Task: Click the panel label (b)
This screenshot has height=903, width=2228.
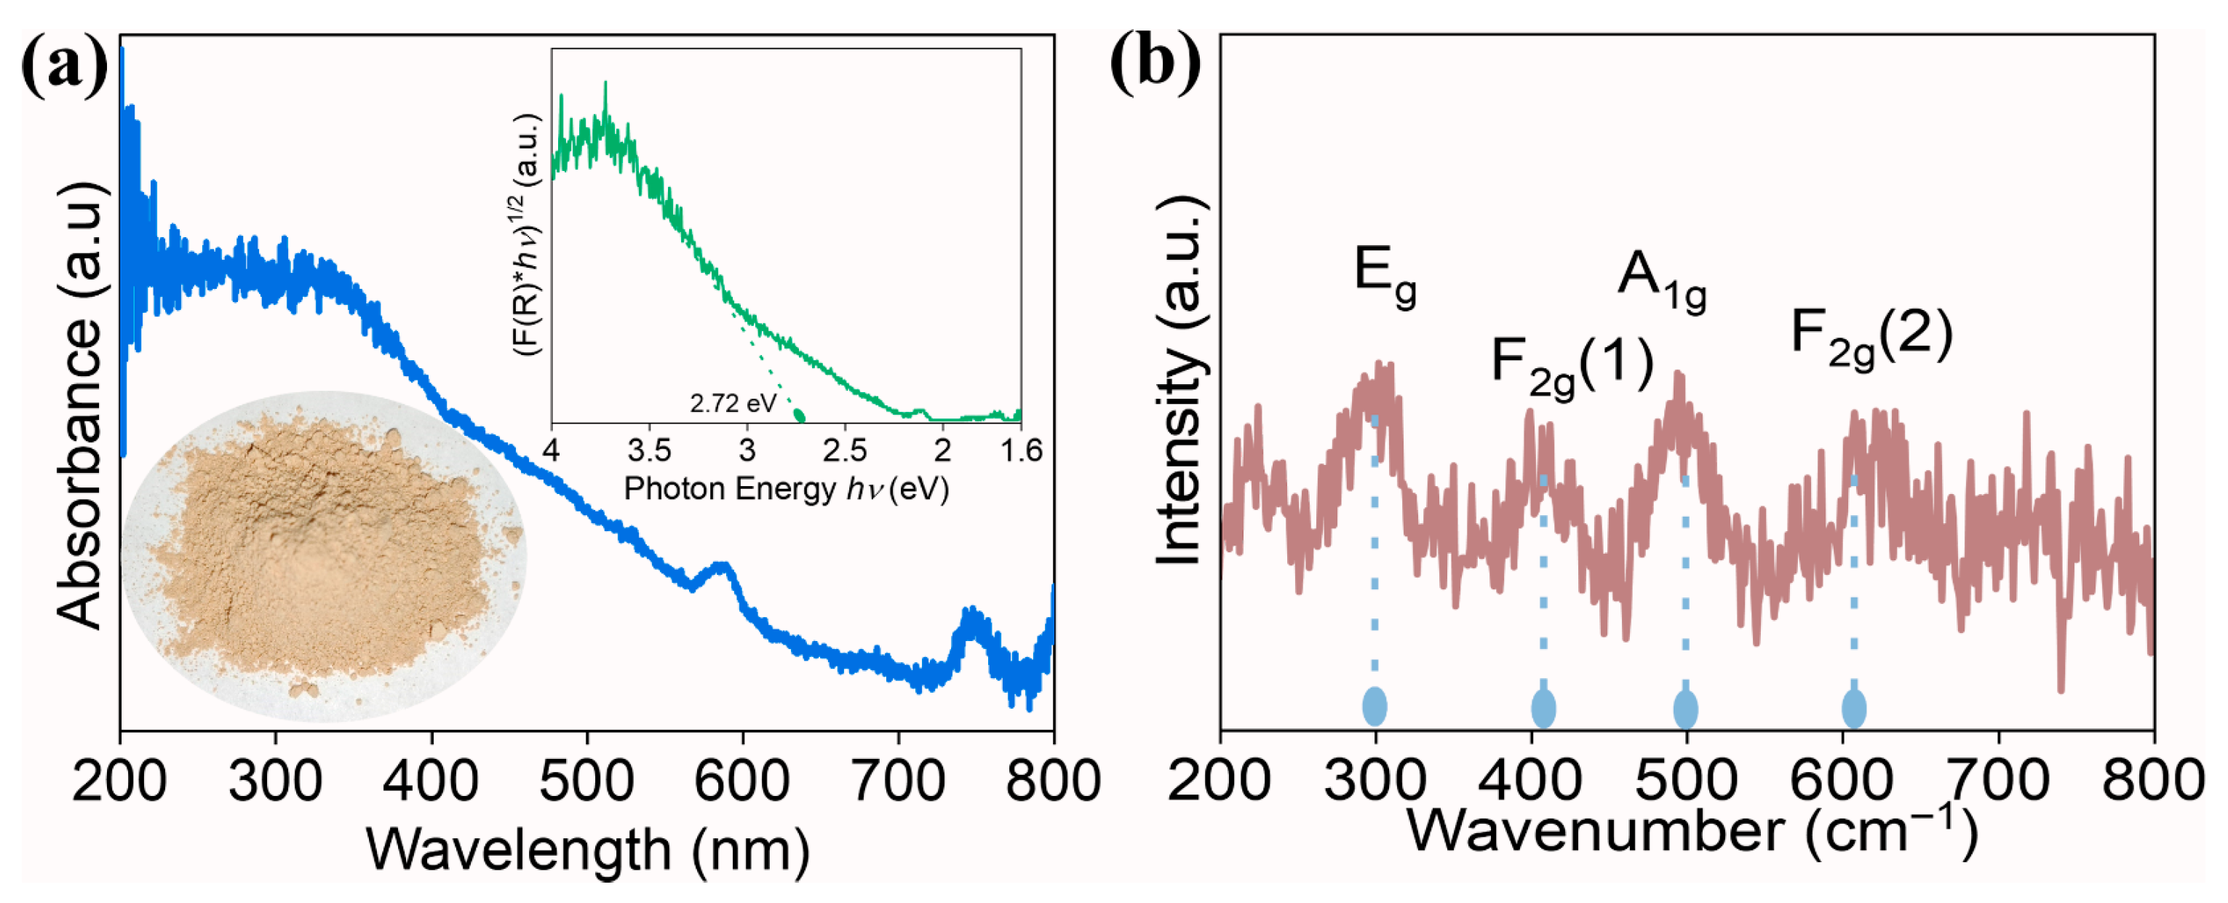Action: pyautogui.click(x=1155, y=63)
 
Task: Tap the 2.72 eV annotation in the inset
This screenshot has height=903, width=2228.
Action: pyautogui.click(x=733, y=403)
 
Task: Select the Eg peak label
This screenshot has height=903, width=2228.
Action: pyautogui.click(x=1384, y=277)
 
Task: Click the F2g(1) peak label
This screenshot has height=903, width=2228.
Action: pyautogui.click(x=1572, y=365)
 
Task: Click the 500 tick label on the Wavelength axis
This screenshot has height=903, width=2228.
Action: pyautogui.click(x=586, y=780)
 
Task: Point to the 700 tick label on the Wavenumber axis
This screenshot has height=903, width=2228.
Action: pyautogui.click(x=1998, y=780)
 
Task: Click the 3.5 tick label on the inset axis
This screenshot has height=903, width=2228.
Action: pyautogui.click(x=648, y=450)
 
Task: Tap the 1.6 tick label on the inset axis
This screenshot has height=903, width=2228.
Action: pyautogui.click(x=1022, y=450)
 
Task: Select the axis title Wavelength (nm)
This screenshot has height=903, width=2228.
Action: pyautogui.click(x=587, y=849)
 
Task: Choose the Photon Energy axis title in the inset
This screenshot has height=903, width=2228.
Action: pyautogui.click(x=786, y=489)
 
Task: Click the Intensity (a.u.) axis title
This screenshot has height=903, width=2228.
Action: pyautogui.click(x=1179, y=381)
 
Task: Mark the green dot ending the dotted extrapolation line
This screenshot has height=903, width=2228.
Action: pyautogui.click(x=799, y=417)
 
